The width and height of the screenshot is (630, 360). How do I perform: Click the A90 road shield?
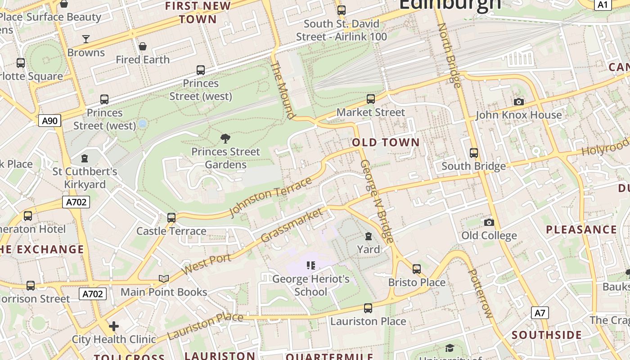pyautogui.click(x=49, y=121)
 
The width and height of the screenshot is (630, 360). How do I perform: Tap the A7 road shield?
pyautogui.click(x=540, y=313)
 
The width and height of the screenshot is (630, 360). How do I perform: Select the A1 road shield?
pyautogui.click(x=603, y=5)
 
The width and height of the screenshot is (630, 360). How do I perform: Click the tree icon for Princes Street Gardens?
pyautogui.click(x=225, y=138)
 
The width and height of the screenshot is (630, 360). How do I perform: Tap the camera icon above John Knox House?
pyautogui.click(x=519, y=102)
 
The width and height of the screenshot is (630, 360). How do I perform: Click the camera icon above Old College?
pyautogui.click(x=489, y=222)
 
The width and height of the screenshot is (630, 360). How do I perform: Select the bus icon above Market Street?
pyautogui.click(x=371, y=99)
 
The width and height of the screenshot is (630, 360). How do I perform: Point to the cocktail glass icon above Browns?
pyautogui.click(x=86, y=39)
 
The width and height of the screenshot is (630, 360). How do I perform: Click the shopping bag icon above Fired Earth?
pyautogui.click(x=143, y=46)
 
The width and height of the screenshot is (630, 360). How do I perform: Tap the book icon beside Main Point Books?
pyautogui.click(x=164, y=279)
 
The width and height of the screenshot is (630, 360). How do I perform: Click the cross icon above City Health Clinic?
pyautogui.click(x=114, y=326)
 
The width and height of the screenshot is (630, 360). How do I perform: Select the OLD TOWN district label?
pyautogui.click(x=386, y=143)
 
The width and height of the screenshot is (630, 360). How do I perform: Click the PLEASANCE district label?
pyautogui.click(x=581, y=229)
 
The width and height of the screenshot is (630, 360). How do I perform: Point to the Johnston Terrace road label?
pyautogui.click(x=270, y=197)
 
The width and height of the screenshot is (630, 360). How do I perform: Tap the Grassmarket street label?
pyautogui.click(x=292, y=225)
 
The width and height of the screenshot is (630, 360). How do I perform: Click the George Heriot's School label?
pyautogui.click(x=311, y=285)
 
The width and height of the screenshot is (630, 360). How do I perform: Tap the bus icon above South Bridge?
pyautogui.click(x=474, y=153)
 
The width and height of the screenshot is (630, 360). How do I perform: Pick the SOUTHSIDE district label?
pyautogui.click(x=547, y=335)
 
